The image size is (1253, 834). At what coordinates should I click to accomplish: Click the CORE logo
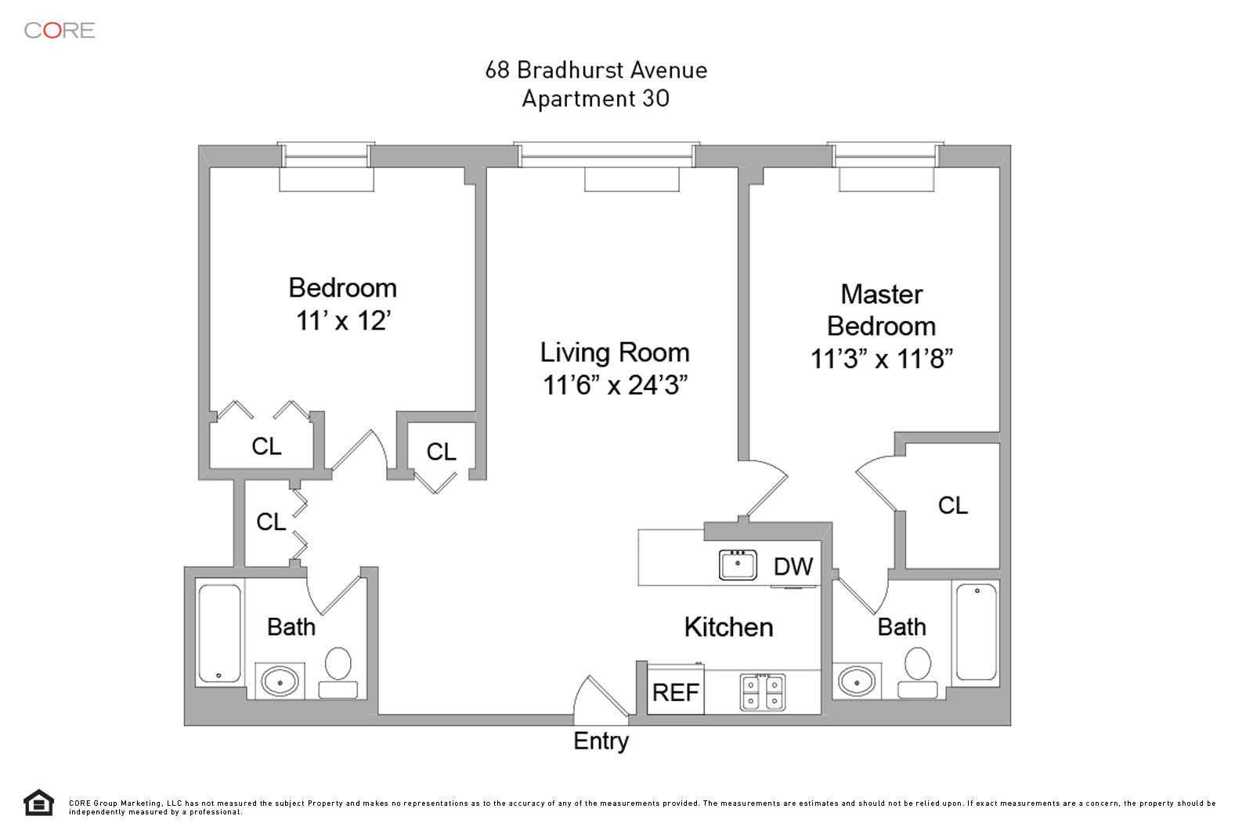coord(60,31)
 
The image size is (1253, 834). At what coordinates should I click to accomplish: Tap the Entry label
coord(601,741)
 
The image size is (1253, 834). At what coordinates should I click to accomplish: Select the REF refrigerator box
coord(675,691)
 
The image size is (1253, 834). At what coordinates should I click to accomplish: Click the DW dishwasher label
coord(793,566)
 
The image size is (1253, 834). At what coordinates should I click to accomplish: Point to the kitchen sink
coord(738,565)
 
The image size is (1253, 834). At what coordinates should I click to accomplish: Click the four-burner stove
coord(762,692)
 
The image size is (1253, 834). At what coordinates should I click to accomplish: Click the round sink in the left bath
coord(280,681)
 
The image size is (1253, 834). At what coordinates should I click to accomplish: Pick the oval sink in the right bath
coord(857,681)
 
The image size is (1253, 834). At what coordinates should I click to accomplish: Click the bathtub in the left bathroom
coord(219,633)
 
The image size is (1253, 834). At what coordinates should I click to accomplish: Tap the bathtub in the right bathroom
coord(976,631)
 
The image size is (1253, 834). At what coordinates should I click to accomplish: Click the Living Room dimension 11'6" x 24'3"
coord(615,385)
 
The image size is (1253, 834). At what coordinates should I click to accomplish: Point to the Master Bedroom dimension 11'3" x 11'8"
coord(881,359)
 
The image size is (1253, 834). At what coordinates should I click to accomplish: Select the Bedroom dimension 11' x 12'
coord(343,321)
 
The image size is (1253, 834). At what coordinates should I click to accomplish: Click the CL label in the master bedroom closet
coord(952,505)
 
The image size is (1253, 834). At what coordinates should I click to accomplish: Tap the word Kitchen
coord(728,626)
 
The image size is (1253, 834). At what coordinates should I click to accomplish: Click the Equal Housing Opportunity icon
coord(38,803)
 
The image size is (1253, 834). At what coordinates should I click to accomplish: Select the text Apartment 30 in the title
coord(595,99)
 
